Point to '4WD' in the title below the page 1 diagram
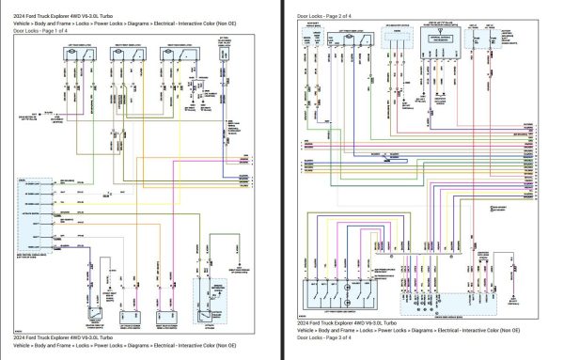point(71,336)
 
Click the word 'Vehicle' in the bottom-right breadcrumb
point(310,344)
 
